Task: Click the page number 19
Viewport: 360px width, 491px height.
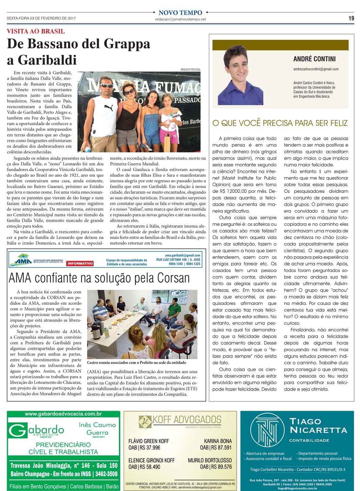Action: [x=351, y=18]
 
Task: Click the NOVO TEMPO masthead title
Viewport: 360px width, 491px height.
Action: [x=180, y=13]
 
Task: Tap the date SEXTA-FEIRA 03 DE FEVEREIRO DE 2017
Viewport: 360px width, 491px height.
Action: [x=41, y=18]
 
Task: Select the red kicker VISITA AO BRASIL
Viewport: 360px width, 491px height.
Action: [x=36, y=31]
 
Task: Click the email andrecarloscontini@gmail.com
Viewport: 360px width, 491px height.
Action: [x=316, y=69]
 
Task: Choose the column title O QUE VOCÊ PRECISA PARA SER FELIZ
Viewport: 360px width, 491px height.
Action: [x=280, y=123]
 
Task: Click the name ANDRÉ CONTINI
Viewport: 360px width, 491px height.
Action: [x=314, y=59]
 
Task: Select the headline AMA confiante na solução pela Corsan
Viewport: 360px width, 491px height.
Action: [x=99, y=278]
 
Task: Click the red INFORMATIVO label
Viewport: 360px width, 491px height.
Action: [x=80, y=263]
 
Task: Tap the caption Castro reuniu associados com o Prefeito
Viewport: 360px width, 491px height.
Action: [x=136, y=363]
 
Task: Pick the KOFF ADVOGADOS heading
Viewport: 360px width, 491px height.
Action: [x=186, y=420]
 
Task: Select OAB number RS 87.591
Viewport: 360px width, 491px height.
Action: [x=216, y=448]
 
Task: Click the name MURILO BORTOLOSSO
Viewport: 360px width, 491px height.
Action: [x=210, y=460]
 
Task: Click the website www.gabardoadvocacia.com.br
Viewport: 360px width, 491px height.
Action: [x=63, y=414]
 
